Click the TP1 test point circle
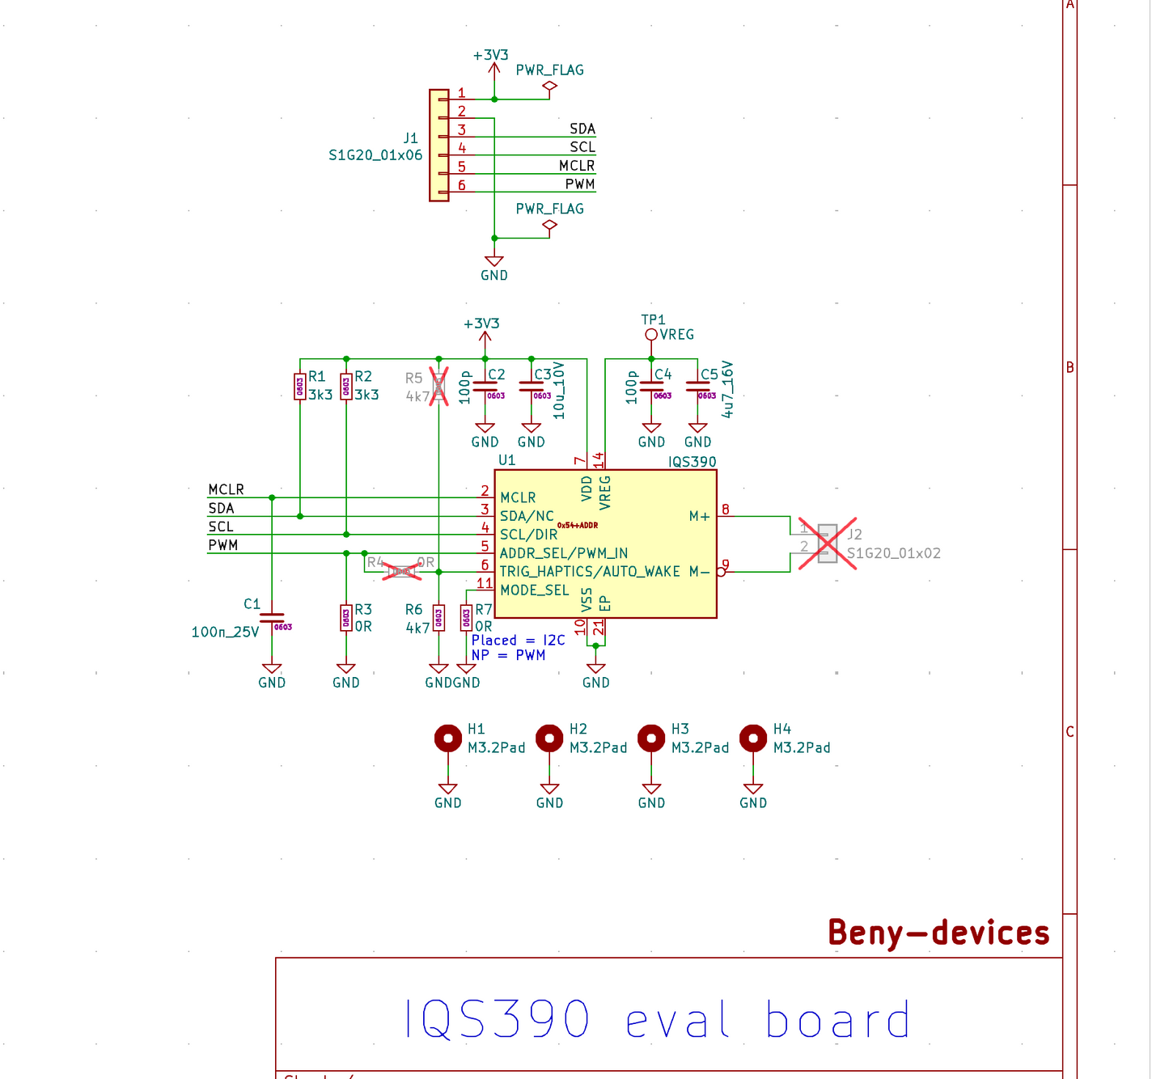[x=651, y=335]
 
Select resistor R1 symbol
[x=300, y=387]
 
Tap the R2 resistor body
[x=346, y=387]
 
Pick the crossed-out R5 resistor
[x=438, y=387]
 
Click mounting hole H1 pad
[x=448, y=738]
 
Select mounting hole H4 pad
[x=753, y=738]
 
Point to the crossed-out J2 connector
[x=827, y=544]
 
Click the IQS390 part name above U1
[x=692, y=462]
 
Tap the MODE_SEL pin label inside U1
[x=535, y=590]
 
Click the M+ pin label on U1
[x=699, y=516]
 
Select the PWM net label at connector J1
[x=580, y=184]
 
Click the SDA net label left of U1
[x=221, y=508]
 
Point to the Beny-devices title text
[x=938, y=933]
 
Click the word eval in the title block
[x=678, y=1021]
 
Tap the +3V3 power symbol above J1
[x=491, y=56]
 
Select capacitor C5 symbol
[x=697, y=387]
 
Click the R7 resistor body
[x=466, y=618]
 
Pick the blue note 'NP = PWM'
[x=508, y=655]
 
